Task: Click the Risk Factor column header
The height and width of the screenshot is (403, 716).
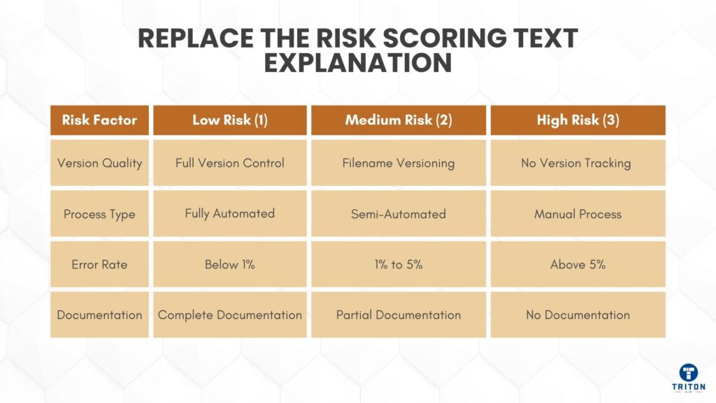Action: pyautogui.click(x=99, y=120)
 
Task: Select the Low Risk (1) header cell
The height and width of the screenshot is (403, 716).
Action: pyautogui.click(x=230, y=120)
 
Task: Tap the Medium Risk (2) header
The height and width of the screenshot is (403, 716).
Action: pyautogui.click(x=399, y=120)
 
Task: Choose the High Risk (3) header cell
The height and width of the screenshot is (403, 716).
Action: pyautogui.click(x=578, y=120)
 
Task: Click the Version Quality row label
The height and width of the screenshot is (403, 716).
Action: pyautogui.click(x=99, y=163)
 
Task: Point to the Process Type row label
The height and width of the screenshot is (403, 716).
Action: pyautogui.click(x=99, y=214)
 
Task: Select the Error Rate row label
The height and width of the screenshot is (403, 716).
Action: pyautogui.click(x=99, y=264)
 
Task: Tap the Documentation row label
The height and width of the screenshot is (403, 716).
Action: pyautogui.click(x=99, y=315)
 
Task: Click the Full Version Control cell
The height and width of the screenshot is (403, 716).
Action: pyautogui.click(x=230, y=163)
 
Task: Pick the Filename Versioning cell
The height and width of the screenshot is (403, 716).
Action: pyautogui.click(x=399, y=163)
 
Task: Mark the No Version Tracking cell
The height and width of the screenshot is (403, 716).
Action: pyautogui.click(x=578, y=163)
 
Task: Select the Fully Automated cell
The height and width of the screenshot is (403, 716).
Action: pyautogui.click(x=230, y=214)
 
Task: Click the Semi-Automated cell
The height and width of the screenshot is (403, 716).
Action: pyautogui.click(x=399, y=214)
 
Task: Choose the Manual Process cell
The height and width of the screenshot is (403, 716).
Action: pyautogui.click(x=578, y=214)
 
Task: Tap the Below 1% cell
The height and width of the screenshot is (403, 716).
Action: pyautogui.click(x=230, y=264)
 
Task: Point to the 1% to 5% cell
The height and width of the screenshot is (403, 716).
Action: pyautogui.click(x=399, y=264)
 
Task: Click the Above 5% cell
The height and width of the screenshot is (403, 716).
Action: pyautogui.click(x=578, y=264)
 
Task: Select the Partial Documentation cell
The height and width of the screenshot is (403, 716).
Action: pyautogui.click(x=399, y=315)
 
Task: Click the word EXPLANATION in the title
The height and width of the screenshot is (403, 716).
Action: pyautogui.click(x=357, y=63)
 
